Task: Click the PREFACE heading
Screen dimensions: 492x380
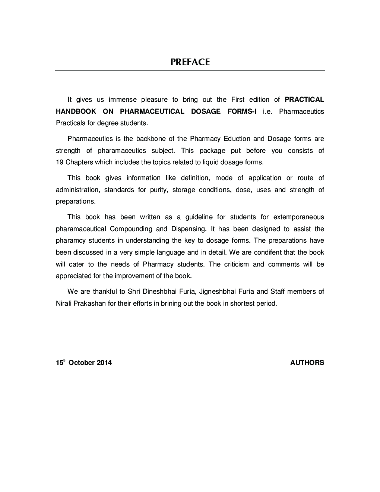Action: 190,62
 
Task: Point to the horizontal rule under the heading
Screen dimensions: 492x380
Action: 190,70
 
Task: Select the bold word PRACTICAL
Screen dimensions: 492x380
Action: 304,100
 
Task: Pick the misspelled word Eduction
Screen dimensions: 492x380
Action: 237,139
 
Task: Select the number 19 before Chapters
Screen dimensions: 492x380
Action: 60,162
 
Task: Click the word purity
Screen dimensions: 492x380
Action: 159,190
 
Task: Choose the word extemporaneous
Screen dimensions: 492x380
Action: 299,217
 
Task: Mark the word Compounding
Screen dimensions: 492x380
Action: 131,229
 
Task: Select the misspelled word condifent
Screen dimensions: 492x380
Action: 268,252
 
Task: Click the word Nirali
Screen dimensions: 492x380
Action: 64,303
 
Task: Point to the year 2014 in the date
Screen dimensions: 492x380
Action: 104,363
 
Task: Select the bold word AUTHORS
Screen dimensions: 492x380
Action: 307,363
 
